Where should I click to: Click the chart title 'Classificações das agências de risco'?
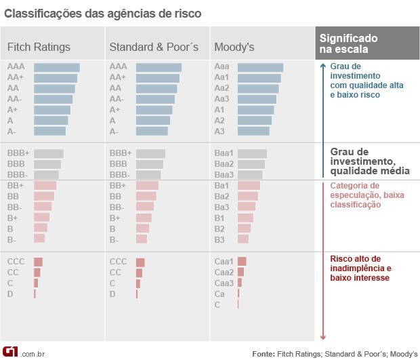(102, 14)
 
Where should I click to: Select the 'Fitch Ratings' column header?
(39, 47)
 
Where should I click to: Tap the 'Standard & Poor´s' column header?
(154, 47)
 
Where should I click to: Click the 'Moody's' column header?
(234, 47)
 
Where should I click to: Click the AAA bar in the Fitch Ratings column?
(57, 67)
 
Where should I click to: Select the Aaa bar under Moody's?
(260, 67)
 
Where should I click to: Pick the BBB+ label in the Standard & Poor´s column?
(121, 154)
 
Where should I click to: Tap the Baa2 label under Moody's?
(224, 164)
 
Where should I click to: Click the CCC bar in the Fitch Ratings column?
(38, 262)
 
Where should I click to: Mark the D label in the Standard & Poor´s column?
(112, 294)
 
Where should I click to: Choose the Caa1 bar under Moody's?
(242, 262)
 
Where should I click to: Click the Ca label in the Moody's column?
(219, 294)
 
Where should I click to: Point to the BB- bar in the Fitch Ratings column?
(43, 207)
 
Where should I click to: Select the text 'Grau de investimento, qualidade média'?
(369, 161)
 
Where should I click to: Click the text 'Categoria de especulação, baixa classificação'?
(364, 195)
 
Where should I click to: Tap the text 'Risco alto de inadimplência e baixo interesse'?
(360, 268)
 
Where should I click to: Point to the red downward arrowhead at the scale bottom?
(323, 336)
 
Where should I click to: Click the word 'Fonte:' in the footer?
(264, 353)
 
